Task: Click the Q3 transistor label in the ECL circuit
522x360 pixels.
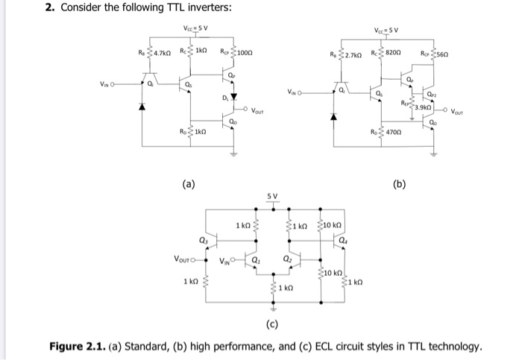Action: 203,239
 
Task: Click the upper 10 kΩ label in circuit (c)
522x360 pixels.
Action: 333,224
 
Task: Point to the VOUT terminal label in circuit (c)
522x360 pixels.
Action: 183,260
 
